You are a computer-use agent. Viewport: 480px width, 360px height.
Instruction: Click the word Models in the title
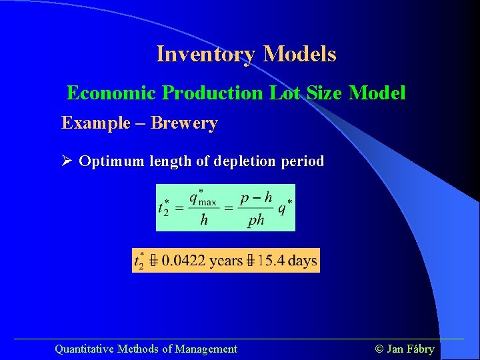pyautogui.click(x=300, y=54)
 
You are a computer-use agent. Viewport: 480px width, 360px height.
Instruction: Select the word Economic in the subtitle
pyautogui.click(x=112, y=93)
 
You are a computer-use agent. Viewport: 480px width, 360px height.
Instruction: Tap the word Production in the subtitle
pyautogui.click(x=213, y=93)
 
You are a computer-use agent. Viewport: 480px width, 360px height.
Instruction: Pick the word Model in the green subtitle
pyautogui.click(x=377, y=93)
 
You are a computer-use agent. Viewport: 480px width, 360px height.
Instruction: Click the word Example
pyautogui.click(x=96, y=123)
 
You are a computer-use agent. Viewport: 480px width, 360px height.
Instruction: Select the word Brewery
pyautogui.click(x=184, y=123)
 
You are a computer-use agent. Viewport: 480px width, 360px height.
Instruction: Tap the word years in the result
pyautogui.click(x=225, y=260)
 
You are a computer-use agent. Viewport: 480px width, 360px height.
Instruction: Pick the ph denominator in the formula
pyautogui.click(x=256, y=220)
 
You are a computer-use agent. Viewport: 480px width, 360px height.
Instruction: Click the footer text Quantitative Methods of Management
pyautogui.click(x=145, y=349)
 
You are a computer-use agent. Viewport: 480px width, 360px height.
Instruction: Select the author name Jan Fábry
pyautogui.click(x=410, y=349)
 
